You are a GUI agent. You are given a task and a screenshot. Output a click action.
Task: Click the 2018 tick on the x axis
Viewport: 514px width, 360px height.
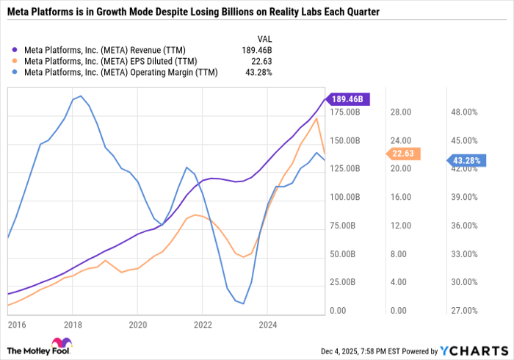72,323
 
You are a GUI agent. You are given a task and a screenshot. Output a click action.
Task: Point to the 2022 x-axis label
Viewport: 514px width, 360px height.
203,323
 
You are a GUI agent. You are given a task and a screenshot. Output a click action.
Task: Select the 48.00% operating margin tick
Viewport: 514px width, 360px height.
465,112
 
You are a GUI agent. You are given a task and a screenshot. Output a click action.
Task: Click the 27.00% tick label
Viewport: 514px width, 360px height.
465,311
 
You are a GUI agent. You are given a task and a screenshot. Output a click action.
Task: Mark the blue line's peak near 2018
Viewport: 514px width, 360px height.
80,96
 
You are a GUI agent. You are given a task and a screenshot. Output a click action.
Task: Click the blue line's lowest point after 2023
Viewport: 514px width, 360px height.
243,303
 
